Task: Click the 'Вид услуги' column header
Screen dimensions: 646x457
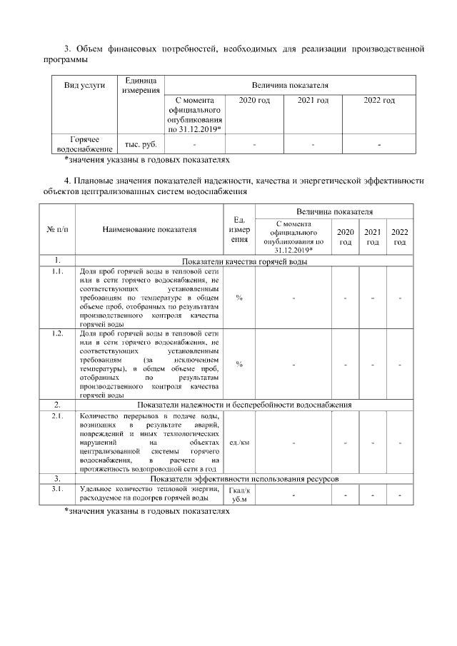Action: [84, 85]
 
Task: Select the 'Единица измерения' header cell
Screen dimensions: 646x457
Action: [141, 86]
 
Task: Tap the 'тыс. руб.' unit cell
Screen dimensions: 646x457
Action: [141, 144]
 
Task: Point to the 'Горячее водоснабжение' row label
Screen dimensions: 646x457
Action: [84, 144]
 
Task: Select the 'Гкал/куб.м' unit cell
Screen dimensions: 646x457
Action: [238, 494]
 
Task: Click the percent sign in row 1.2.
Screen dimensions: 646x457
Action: [238, 364]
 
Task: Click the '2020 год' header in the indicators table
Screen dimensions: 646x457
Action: [345, 237]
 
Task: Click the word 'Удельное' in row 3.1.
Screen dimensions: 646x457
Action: [95, 489]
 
